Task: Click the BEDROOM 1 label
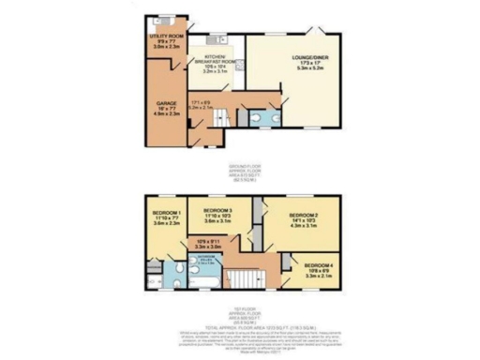coord(160,212)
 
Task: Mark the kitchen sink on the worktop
coord(217,40)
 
